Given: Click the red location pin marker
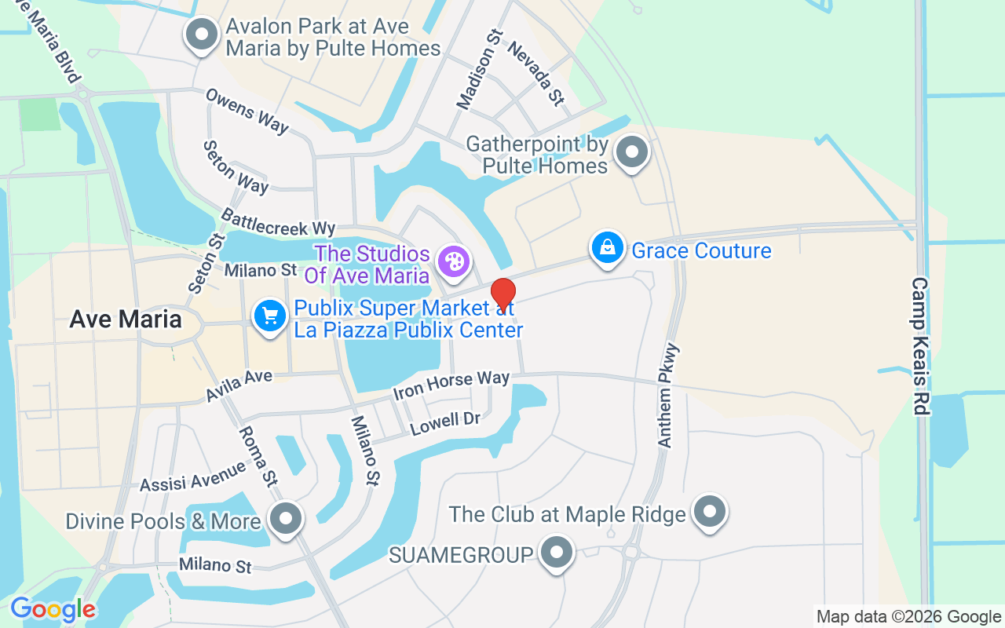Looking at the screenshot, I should (502, 294).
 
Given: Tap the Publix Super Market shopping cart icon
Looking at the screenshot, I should (270, 316).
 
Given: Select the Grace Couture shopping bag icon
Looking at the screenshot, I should (608, 248).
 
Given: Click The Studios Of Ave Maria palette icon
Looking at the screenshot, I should (454, 261).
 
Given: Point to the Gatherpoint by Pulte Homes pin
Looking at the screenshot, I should (631, 152).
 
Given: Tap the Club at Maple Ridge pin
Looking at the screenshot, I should (710, 511).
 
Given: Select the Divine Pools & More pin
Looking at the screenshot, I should (285, 518).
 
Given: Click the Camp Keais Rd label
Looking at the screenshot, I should (920, 345).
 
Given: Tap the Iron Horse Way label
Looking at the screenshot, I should (451, 384).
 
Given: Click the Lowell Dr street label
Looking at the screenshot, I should (445, 422).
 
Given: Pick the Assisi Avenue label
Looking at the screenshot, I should (193, 476).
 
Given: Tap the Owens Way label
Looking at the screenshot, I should (247, 110).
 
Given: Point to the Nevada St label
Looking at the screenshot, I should (535, 73).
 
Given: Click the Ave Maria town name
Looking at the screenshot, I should (126, 319).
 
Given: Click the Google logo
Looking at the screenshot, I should (53, 609).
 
